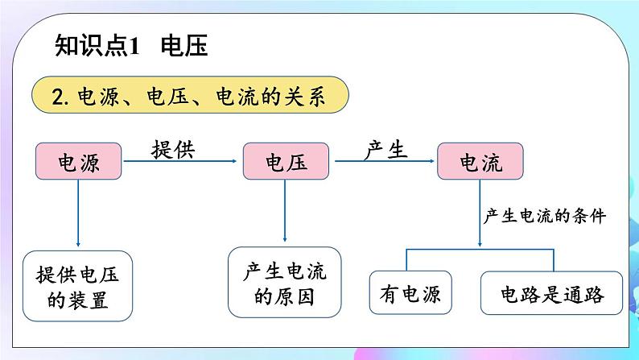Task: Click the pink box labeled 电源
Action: pyautogui.click(x=78, y=162)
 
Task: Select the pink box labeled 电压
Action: pyautogui.click(x=286, y=162)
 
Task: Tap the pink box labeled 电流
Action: pyautogui.click(x=480, y=162)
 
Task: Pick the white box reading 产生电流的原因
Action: pyautogui.click(x=287, y=283)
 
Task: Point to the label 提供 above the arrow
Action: pyautogui.click(x=173, y=148)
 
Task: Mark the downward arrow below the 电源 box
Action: pyautogui.click(x=78, y=213)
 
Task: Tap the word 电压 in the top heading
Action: pyautogui.click(x=184, y=46)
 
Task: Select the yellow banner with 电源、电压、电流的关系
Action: pyautogui.click(x=190, y=97)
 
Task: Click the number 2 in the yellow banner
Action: pyautogui.click(x=56, y=97)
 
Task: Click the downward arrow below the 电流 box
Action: pyautogui.click(x=480, y=213)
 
